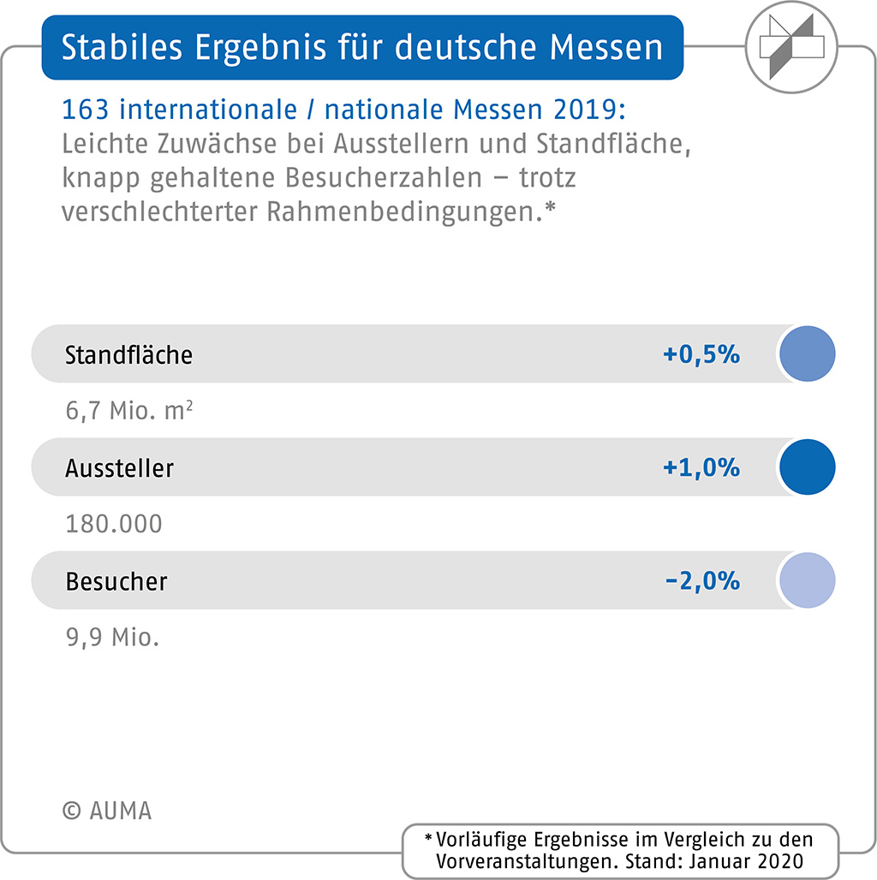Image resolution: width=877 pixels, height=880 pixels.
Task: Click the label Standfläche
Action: click(x=128, y=354)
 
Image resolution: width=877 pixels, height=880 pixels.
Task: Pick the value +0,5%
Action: click(x=701, y=354)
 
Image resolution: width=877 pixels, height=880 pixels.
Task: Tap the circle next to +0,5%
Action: click(x=807, y=354)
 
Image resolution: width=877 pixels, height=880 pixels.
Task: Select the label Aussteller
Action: click(x=119, y=468)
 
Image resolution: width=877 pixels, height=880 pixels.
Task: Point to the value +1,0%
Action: click(x=701, y=468)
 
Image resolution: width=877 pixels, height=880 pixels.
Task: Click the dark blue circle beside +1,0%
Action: click(x=807, y=467)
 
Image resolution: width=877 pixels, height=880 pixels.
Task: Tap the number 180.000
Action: click(x=114, y=524)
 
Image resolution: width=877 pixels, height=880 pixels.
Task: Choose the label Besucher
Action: click(x=116, y=581)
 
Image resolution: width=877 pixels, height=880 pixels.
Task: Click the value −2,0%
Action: click(x=701, y=581)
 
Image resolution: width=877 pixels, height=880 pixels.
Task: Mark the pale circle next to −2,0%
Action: click(x=807, y=580)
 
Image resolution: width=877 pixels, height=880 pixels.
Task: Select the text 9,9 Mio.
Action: click(x=112, y=638)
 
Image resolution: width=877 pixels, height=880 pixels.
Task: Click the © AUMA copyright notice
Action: click(x=106, y=811)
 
